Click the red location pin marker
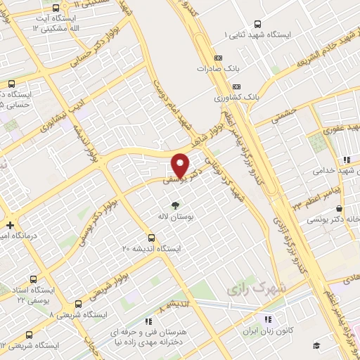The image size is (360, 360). (181, 165)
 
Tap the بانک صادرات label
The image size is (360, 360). (214, 69)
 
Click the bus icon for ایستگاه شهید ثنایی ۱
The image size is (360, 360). (257, 23)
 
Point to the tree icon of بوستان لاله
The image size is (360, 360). (175, 205)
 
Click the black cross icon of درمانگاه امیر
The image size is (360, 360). (9, 226)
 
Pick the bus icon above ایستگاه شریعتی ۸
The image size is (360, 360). (77, 304)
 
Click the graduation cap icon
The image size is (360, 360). (316, 345)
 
